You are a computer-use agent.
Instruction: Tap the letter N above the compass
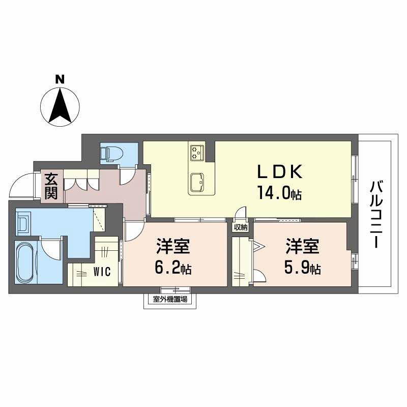click(x=60, y=79)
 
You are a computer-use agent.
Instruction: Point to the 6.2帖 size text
click(x=173, y=268)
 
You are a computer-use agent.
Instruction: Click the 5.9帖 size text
click(x=302, y=268)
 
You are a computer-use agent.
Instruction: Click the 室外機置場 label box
click(x=170, y=299)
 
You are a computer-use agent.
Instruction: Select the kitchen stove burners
click(x=197, y=151)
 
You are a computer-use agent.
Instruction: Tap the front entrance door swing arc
click(x=21, y=185)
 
